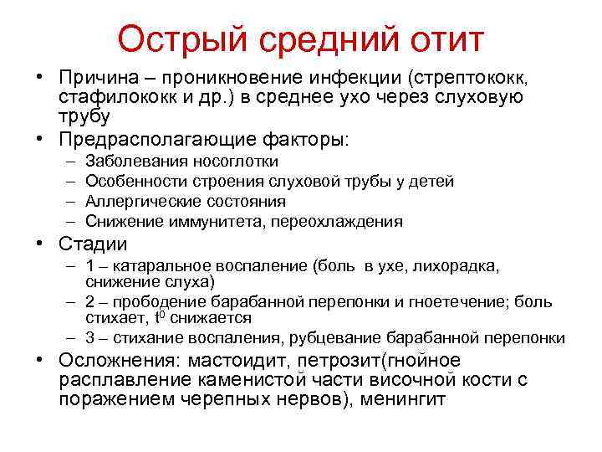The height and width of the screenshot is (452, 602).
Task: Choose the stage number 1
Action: tap(89, 267)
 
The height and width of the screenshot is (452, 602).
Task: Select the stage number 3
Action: tap(89, 338)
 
